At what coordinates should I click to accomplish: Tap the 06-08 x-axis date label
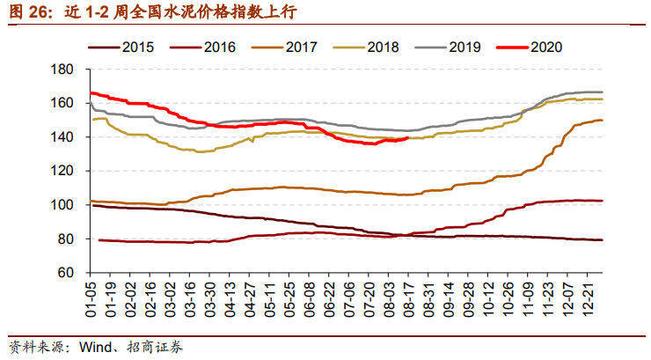click(x=308, y=299)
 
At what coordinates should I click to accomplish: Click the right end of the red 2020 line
click(x=406, y=137)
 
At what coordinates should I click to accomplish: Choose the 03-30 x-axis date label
click(x=209, y=299)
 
